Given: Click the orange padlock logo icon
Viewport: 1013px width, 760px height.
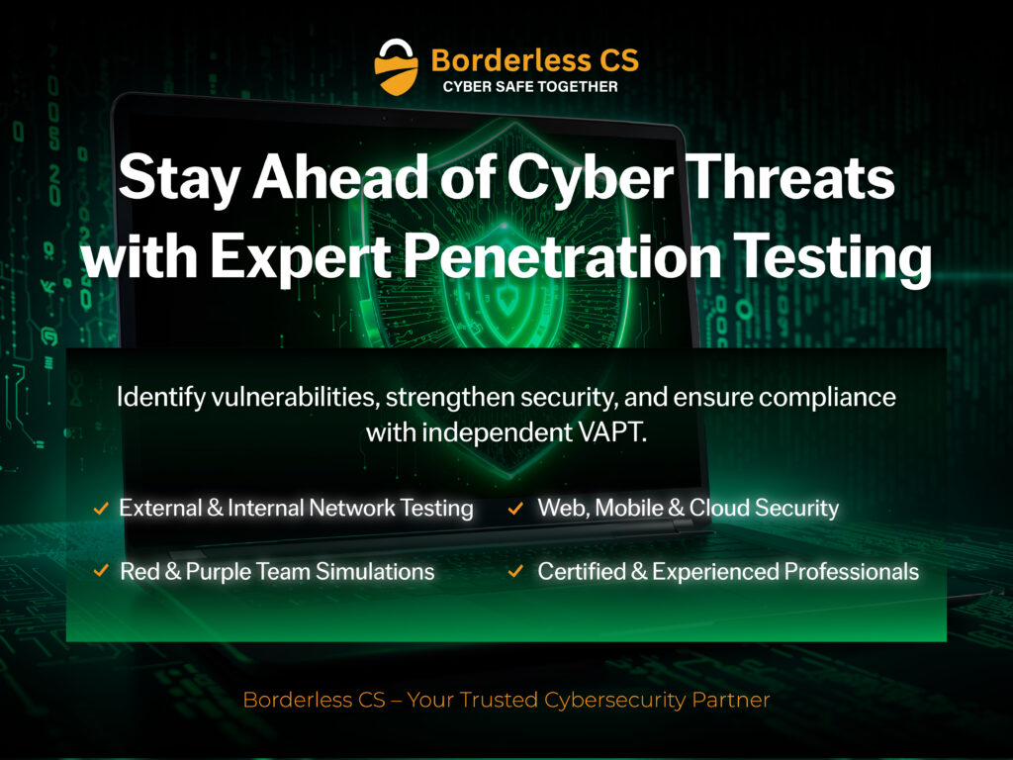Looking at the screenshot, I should click(398, 66).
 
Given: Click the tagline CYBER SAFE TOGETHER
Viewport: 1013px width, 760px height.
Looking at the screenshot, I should click(530, 87).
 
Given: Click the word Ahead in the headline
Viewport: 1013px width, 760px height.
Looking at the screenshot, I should click(306, 182).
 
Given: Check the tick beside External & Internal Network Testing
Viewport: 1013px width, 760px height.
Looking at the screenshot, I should click(100, 509).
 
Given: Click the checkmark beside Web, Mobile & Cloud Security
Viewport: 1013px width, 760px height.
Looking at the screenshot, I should click(515, 509).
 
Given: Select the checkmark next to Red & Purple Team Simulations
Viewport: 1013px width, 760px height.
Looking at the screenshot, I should click(100, 571).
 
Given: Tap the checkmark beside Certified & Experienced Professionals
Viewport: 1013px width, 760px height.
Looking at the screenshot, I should click(515, 571).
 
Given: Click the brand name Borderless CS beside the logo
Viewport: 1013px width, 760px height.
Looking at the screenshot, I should click(534, 60).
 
